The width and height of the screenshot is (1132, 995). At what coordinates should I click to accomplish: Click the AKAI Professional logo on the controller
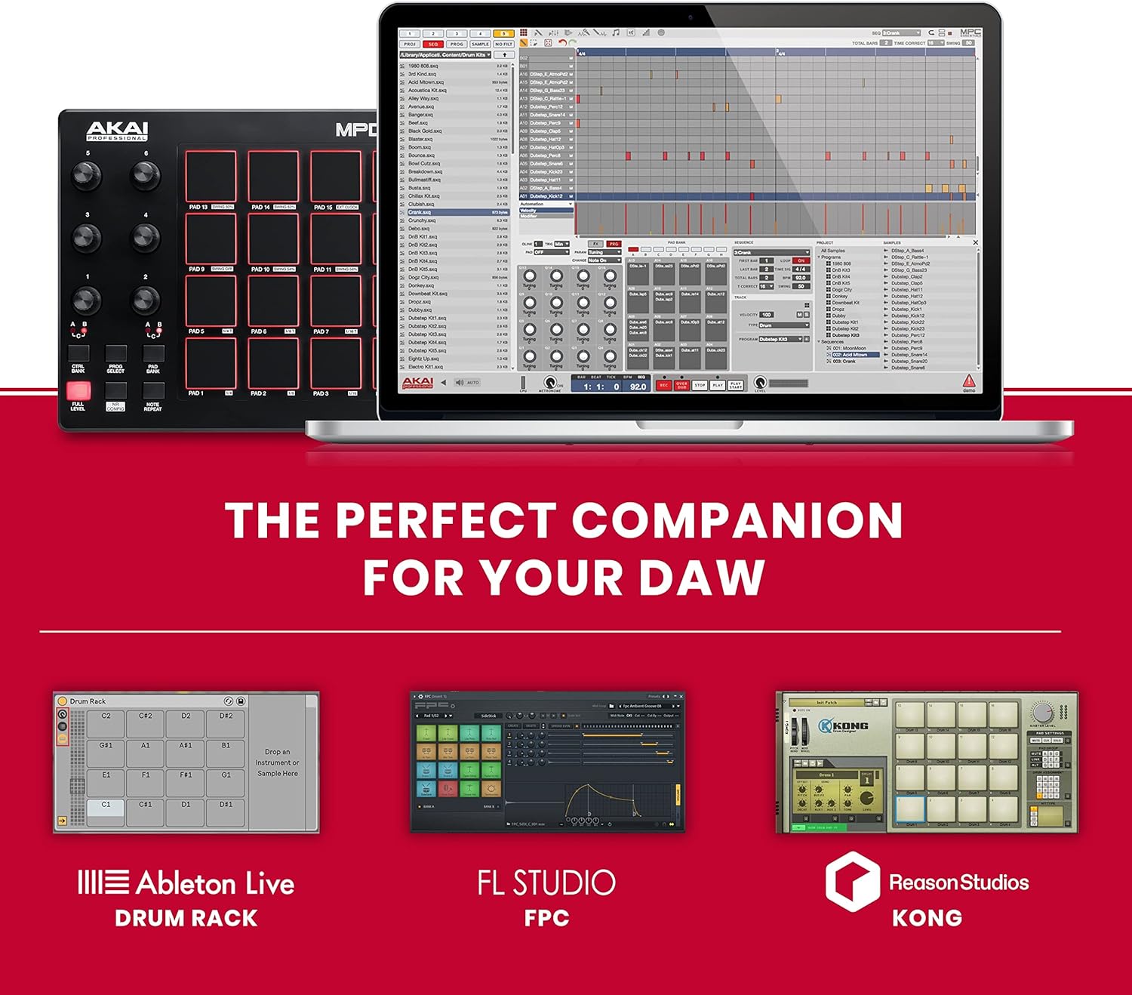[117, 131]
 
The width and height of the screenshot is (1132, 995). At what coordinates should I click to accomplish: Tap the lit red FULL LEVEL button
[78, 390]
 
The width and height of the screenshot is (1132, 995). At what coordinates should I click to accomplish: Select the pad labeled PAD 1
[211, 363]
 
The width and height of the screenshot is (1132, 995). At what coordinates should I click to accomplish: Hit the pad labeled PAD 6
[273, 301]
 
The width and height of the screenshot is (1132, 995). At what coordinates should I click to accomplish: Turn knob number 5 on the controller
[87, 175]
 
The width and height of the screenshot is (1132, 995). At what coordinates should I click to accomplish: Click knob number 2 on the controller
[145, 300]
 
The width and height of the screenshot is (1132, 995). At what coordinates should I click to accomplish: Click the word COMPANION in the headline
[737, 521]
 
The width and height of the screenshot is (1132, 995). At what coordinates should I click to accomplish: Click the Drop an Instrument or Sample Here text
[277, 762]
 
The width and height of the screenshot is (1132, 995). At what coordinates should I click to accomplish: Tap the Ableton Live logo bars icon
[103, 883]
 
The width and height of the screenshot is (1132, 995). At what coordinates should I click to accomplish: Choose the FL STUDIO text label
[546, 883]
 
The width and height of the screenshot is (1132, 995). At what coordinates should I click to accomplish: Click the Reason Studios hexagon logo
[852, 881]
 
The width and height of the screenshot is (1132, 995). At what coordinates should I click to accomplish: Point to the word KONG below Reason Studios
[927, 918]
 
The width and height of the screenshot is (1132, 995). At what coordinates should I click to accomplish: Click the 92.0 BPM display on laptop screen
[638, 387]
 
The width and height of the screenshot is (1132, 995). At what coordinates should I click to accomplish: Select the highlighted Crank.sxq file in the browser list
[420, 212]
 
